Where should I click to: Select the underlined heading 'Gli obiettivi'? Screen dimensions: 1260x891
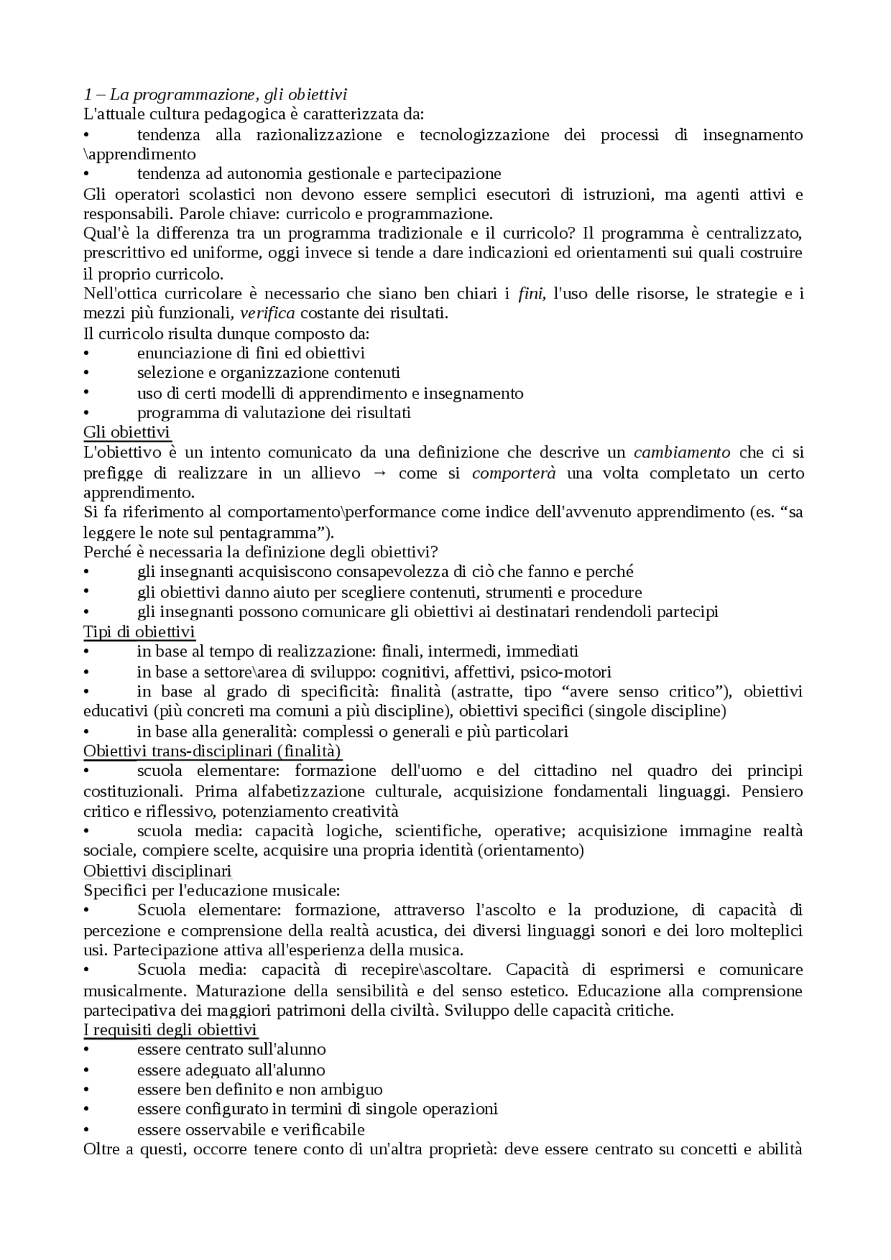click(127, 432)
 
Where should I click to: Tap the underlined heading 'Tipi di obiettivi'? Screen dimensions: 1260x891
click(139, 632)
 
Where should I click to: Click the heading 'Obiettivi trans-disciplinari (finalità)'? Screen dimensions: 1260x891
click(212, 751)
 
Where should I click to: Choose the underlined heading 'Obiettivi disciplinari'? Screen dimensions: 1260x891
click(157, 871)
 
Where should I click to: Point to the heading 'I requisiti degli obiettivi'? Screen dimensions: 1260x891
click(171, 1030)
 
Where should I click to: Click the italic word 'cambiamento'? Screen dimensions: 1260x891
click(682, 452)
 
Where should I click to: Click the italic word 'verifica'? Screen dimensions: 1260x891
click(267, 313)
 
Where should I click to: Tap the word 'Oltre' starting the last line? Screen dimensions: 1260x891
click(102, 1149)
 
